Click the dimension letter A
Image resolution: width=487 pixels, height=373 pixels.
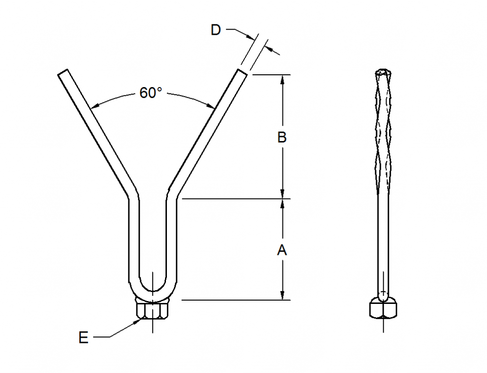pyautogui.click(x=282, y=250)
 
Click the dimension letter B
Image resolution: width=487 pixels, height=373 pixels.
pyautogui.click(x=282, y=138)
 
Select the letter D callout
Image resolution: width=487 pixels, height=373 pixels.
pyautogui.click(x=216, y=30)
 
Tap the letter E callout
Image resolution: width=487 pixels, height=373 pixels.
pyautogui.click(x=83, y=338)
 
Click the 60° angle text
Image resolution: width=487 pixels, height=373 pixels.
pyautogui.click(x=151, y=93)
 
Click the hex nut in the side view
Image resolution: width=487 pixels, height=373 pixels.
pyautogui.click(x=383, y=308)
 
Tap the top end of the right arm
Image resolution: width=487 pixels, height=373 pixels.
pyautogui.click(x=242, y=72)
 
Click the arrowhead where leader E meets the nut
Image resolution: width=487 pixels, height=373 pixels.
pyautogui.click(x=138, y=321)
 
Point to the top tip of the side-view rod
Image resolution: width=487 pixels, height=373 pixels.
pyautogui.click(x=383, y=71)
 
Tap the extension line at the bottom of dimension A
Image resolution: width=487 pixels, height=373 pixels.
pyautogui.click(x=235, y=300)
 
